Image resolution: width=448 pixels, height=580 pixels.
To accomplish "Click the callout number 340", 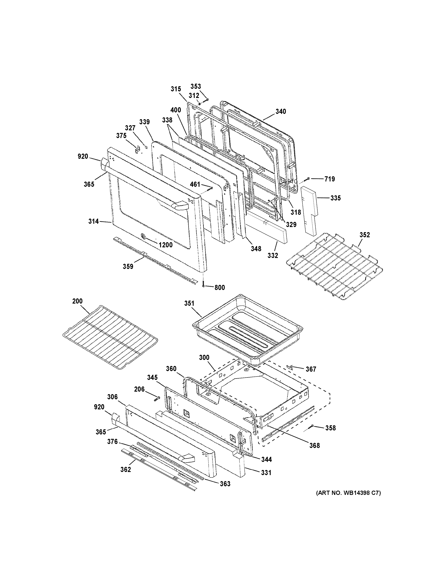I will click(281, 111).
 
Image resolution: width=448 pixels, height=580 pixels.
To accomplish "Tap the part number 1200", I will click(166, 245).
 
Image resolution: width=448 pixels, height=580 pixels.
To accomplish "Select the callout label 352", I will click(365, 235).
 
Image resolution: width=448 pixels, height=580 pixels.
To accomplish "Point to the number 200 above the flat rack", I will click(77, 301).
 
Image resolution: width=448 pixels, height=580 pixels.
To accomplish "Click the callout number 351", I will click(189, 303).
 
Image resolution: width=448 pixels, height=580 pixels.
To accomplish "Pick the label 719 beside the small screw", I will click(329, 179).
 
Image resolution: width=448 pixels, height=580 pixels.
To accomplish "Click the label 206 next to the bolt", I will click(139, 389).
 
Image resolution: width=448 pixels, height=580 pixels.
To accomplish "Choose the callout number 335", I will click(335, 198).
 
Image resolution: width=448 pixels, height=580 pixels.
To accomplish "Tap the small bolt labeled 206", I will click(157, 398).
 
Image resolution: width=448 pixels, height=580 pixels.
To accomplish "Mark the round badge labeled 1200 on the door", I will click(143, 236).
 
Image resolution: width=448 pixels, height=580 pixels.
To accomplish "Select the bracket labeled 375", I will click(137, 150).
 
